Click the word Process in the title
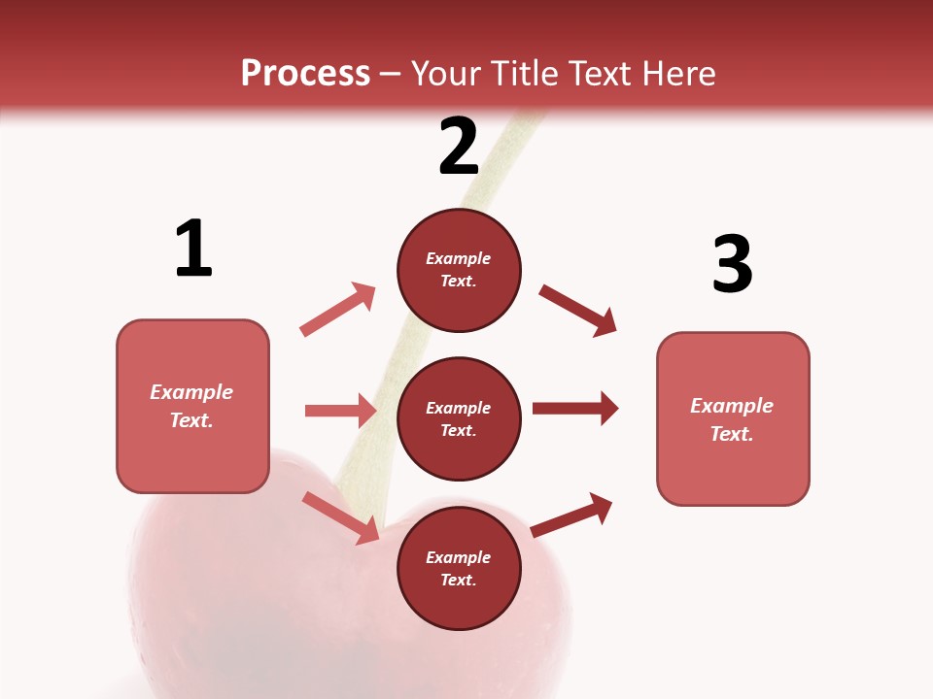[x=305, y=74]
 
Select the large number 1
[x=193, y=249]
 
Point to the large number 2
[x=459, y=147]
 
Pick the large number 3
[x=732, y=264]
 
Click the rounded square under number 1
[x=192, y=406]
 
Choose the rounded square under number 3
[x=733, y=418]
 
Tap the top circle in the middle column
[x=459, y=270]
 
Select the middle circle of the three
[x=459, y=418]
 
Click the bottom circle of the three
[x=459, y=568]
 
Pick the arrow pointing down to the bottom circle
[x=340, y=517]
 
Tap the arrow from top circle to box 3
[x=578, y=310]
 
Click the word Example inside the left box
[x=191, y=392]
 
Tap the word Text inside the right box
[x=731, y=434]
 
